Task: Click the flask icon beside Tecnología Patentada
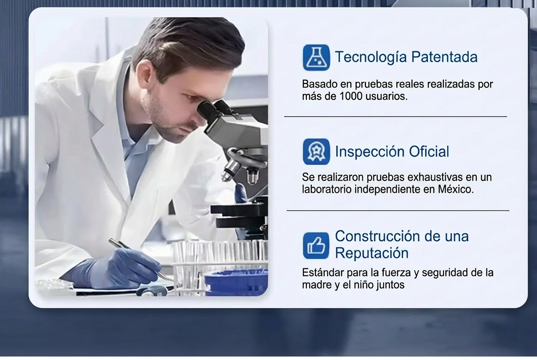[x=316, y=57]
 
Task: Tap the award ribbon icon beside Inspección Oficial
[x=316, y=152]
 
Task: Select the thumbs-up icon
[x=316, y=245]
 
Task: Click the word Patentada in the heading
[x=444, y=57]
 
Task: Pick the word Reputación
[x=372, y=253]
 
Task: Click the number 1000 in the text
[x=351, y=96]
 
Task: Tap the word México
[x=455, y=189]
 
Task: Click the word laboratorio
[x=327, y=189]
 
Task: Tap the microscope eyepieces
[x=213, y=111]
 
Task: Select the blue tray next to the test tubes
[x=236, y=283]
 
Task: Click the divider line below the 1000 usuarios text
[x=396, y=117]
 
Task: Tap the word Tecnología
[x=371, y=57]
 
